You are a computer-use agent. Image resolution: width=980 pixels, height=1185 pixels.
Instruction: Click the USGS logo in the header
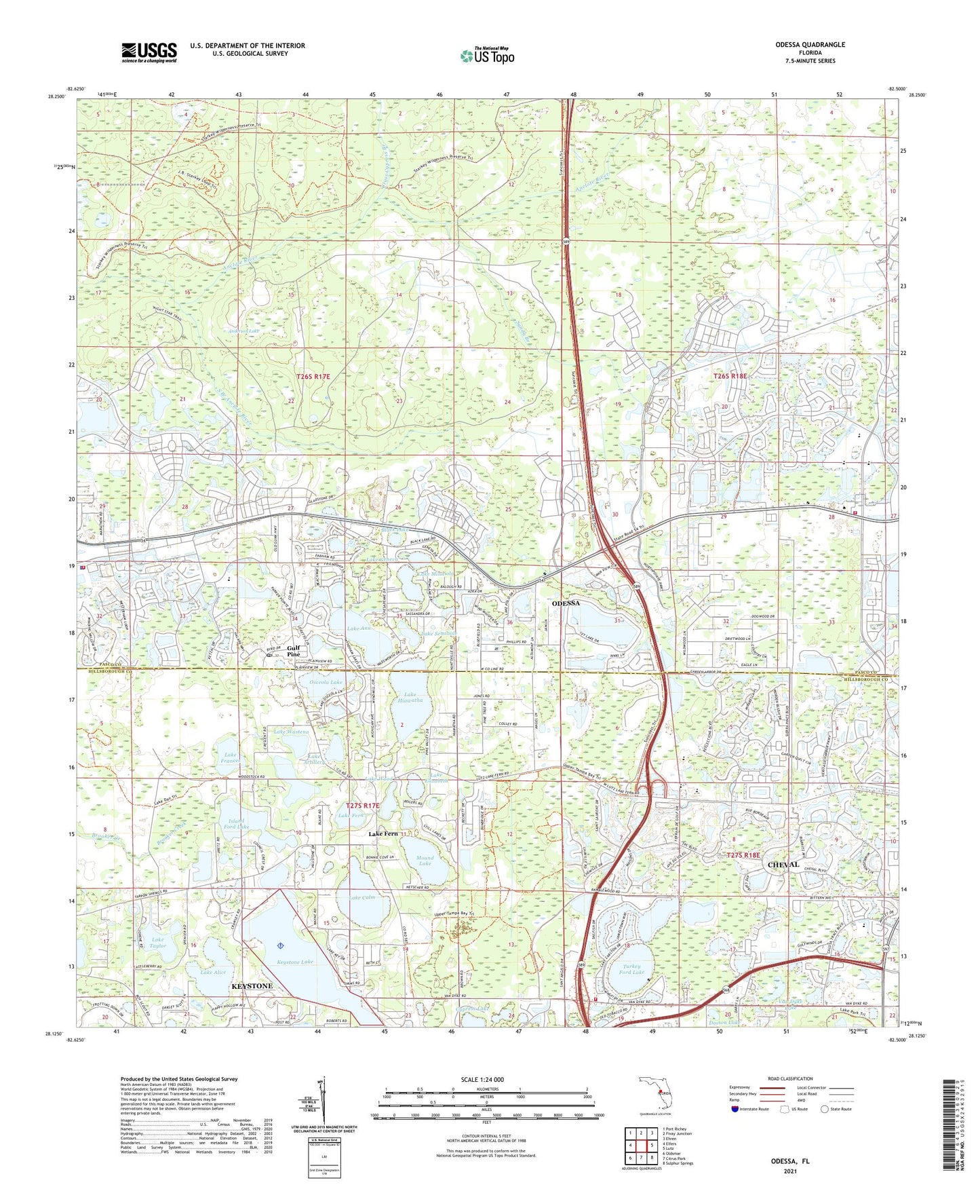pos(149,52)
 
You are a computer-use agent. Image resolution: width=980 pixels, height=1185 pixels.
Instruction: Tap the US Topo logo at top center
pos(486,56)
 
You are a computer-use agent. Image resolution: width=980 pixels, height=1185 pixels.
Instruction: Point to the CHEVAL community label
pos(783,865)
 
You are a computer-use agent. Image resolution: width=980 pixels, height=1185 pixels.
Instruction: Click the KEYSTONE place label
pos(252,986)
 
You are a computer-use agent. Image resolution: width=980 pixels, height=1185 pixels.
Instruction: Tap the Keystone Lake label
pos(296,962)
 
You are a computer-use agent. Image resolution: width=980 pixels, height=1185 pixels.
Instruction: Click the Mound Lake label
pos(425,861)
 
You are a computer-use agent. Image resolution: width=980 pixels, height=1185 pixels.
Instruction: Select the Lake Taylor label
pos(157,943)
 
